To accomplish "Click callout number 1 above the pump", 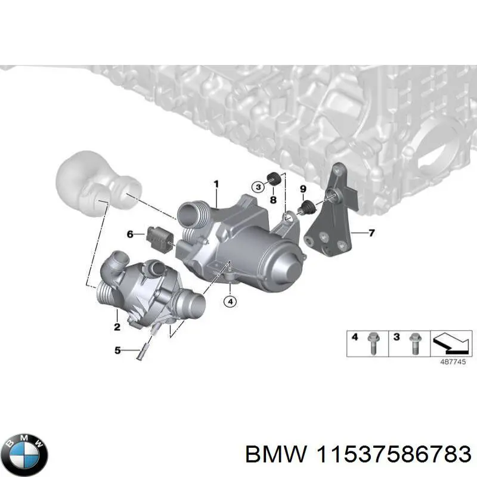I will [x=216, y=184].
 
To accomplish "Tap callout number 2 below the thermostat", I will [x=117, y=326].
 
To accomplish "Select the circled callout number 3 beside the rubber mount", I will [x=258, y=187].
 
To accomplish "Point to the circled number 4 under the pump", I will [x=230, y=302].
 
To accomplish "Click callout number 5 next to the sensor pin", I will [x=118, y=351].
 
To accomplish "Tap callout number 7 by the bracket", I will [x=371, y=233].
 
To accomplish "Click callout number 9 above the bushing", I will [x=303, y=190].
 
